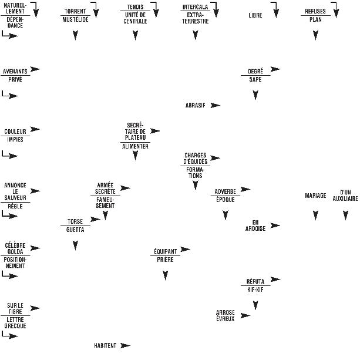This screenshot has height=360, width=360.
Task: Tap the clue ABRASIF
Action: pos(195,105)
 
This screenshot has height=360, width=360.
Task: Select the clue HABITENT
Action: pos(105,345)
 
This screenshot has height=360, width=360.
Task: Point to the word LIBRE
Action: pos(255,15)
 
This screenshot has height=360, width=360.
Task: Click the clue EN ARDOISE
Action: pos(255,226)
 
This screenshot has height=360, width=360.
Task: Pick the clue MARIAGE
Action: pos(315,196)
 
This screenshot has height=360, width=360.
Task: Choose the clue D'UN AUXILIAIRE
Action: pos(345,196)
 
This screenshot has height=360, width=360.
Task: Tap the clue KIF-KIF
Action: pos(255,290)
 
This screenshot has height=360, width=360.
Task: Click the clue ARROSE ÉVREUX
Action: pos(226,315)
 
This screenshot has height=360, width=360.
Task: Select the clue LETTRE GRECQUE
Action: pos(16,322)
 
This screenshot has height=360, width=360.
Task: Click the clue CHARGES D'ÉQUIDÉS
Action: pos(195,158)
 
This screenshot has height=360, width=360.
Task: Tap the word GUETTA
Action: pos(75,230)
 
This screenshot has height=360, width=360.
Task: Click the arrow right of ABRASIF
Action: pos(216,105)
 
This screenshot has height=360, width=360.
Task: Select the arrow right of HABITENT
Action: pos(125,345)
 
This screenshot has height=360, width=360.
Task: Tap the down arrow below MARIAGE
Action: pos(315,216)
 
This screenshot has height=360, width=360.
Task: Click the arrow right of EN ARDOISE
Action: pos(275,226)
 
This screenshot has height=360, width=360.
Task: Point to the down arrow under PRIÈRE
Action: pos(166,274)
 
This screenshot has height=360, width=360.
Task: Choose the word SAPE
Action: pos(255,79)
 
